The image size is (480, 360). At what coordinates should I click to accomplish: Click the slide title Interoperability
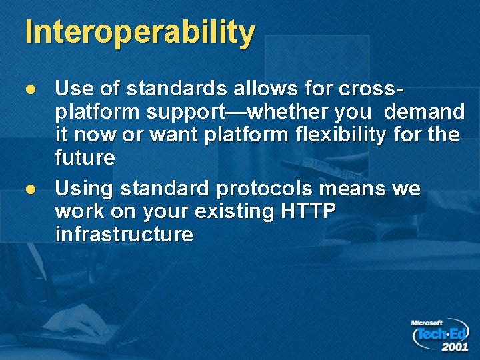(140, 33)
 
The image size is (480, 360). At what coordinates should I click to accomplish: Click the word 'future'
(85, 158)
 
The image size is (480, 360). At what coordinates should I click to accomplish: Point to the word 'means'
(352, 189)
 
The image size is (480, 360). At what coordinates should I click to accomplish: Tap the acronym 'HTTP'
(309, 211)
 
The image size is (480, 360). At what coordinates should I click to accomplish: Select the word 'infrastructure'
(125, 235)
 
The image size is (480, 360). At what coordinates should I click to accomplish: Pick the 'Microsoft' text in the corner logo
(427, 323)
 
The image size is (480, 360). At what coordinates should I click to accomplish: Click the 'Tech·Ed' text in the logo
(442, 334)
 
